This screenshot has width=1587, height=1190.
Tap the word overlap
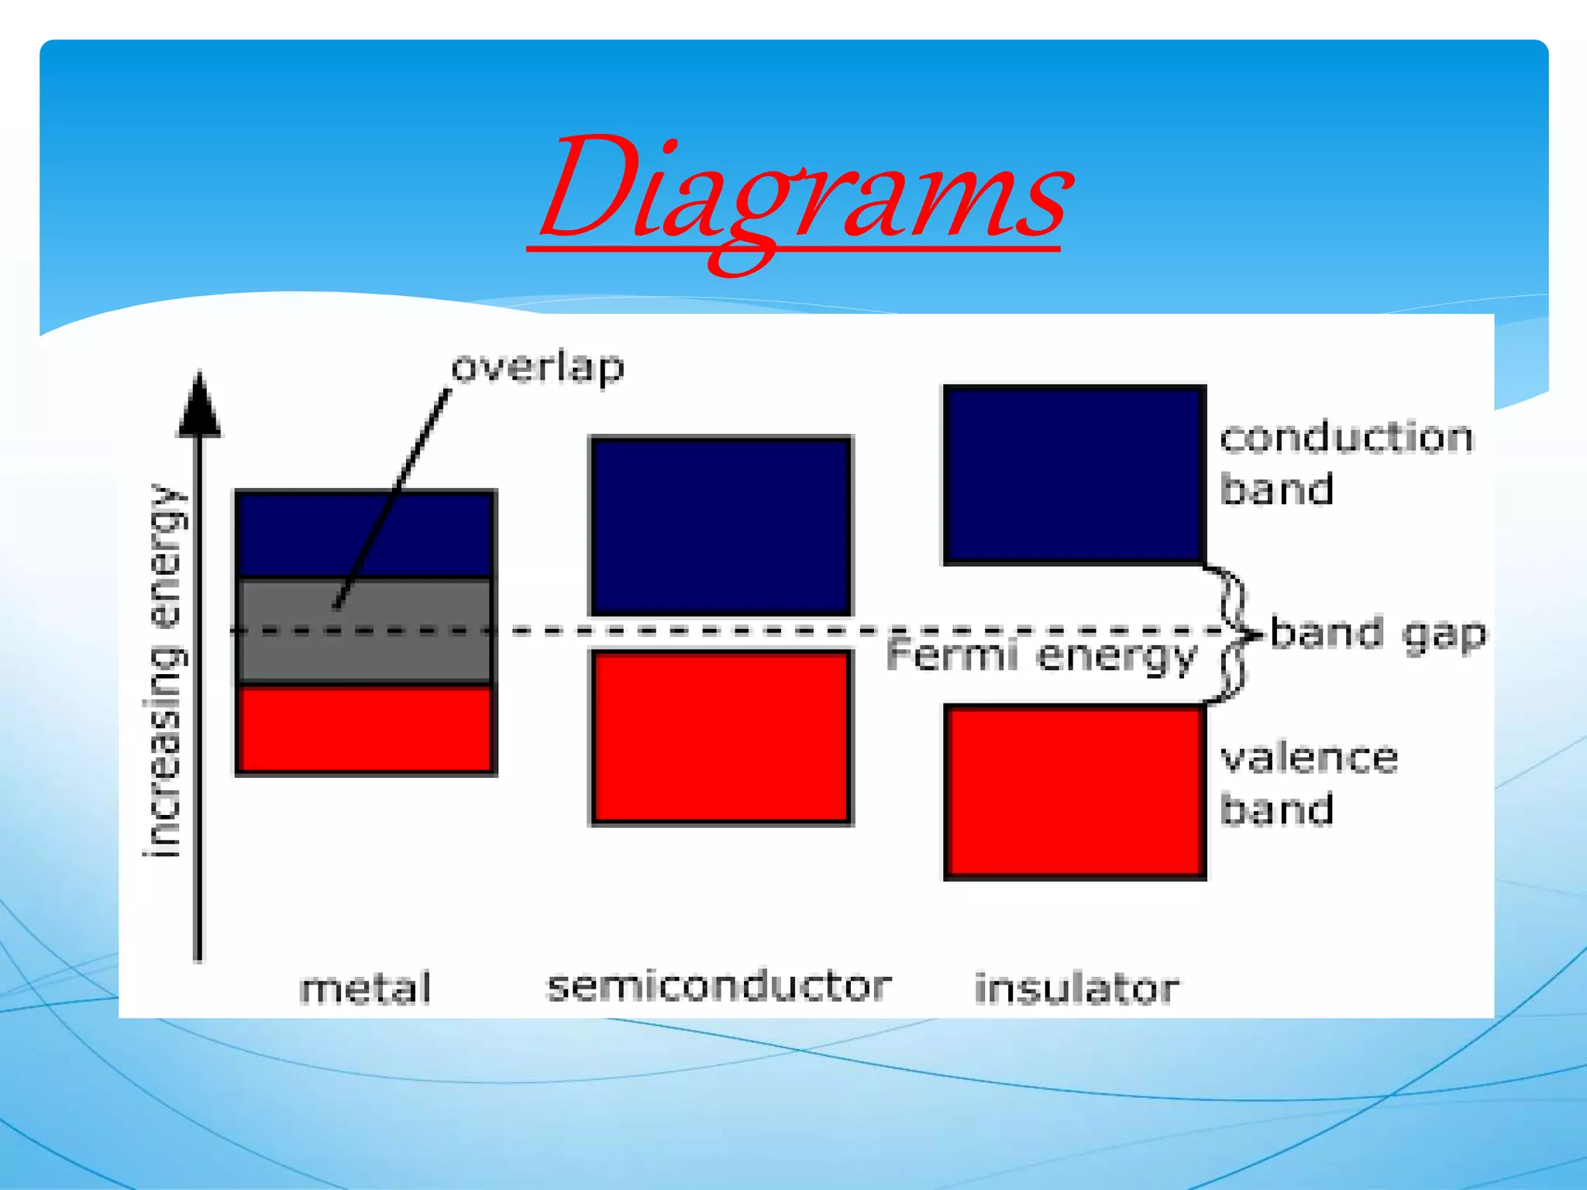538,367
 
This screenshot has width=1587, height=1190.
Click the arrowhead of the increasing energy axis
199,407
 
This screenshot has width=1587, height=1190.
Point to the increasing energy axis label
166,671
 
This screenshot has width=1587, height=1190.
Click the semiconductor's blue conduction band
721,527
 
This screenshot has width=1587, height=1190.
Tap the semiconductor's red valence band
721,736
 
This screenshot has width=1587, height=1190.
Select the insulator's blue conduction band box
1074,474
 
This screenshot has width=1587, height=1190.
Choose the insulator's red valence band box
1074,792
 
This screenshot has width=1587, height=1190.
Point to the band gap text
1378,634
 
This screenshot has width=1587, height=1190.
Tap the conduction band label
1347,463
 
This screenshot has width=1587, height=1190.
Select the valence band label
1310,784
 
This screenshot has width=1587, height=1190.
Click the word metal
365,989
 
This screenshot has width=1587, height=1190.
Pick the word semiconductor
719,987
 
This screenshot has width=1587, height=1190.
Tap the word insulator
1077,989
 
